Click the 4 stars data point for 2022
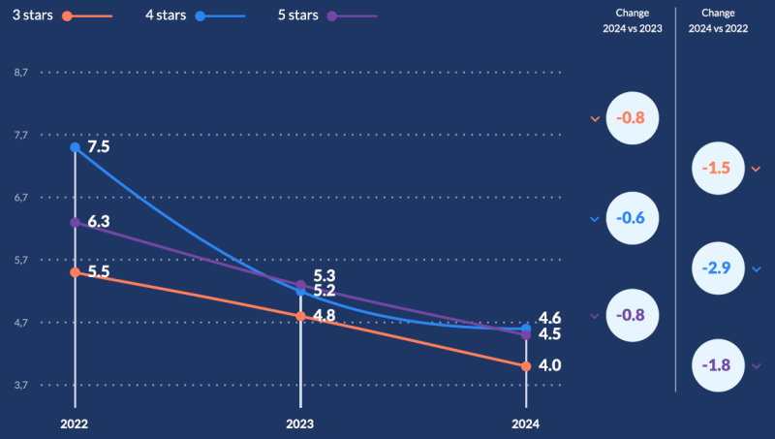[75, 147]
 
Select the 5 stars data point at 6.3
[75, 223]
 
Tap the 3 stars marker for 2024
[526, 366]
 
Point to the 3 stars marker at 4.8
[300, 316]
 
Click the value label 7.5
[98, 147]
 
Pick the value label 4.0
[550, 365]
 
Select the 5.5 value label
[98, 272]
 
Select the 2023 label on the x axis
[300, 424]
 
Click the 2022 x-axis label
[75, 424]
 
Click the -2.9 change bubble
[719, 267]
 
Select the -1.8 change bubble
[719, 365]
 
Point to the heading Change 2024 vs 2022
[719, 21]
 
